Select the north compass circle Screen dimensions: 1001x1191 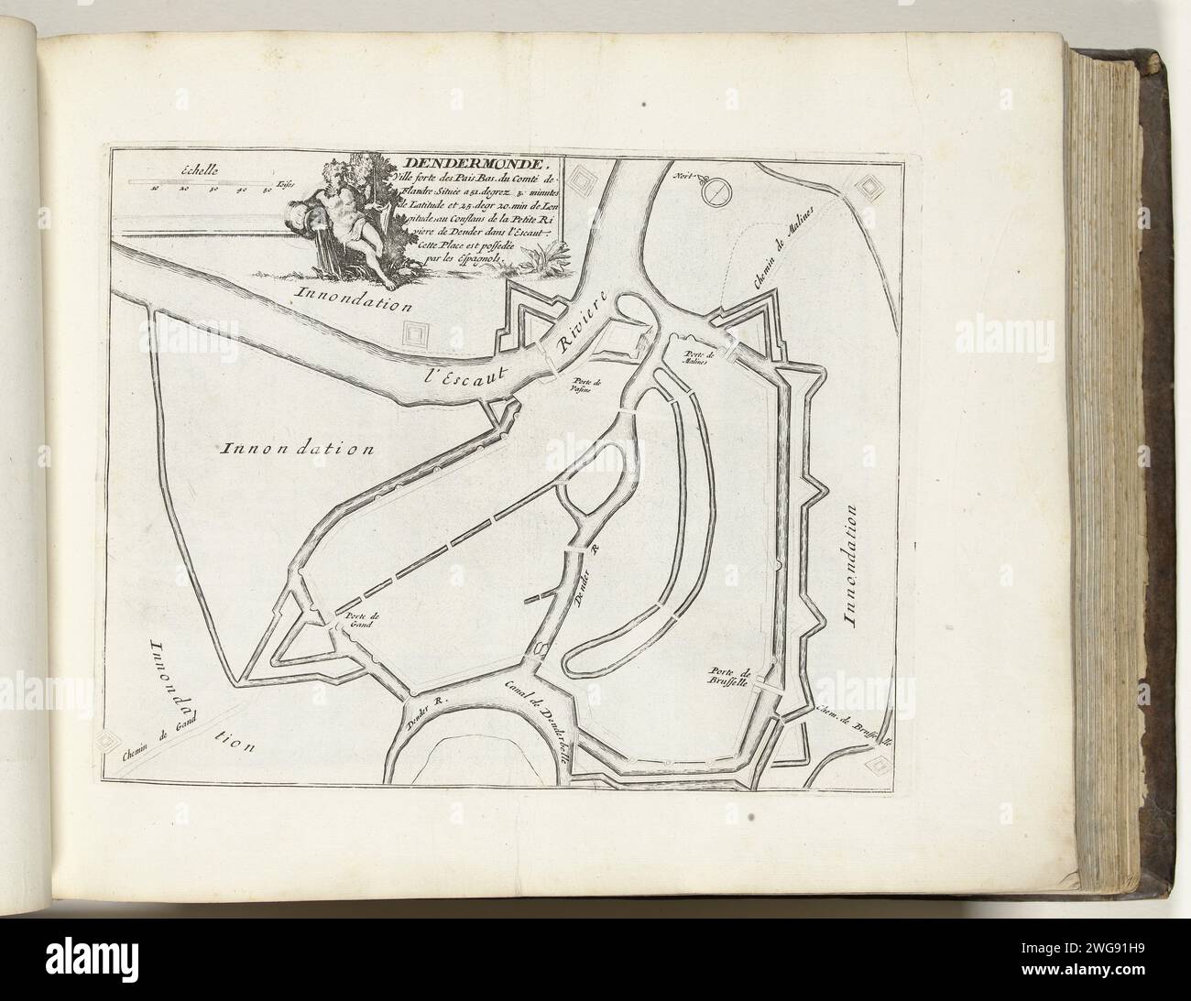tap(716, 190)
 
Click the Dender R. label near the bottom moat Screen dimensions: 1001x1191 tap(425, 714)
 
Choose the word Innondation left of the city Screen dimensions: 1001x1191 tap(299, 449)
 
